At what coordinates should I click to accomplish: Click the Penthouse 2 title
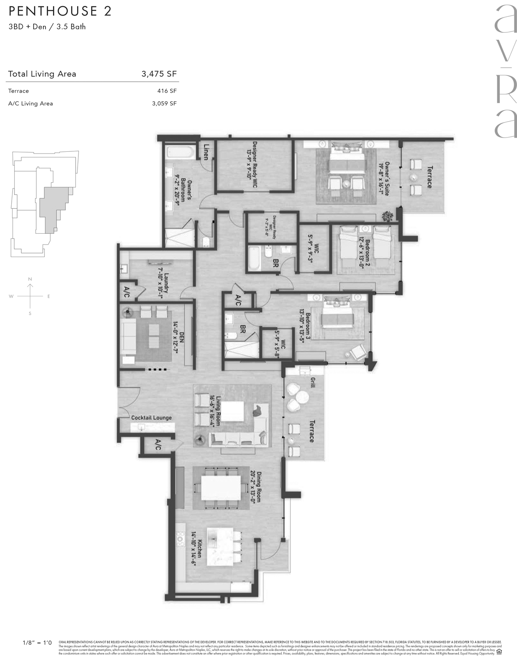tap(60, 11)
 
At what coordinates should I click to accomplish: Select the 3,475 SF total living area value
tap(159, 74)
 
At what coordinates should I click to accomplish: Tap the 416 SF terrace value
tap(167, 91)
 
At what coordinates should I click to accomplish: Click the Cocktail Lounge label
tap(151, 417)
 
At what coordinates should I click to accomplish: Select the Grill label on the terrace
tap(312, 381)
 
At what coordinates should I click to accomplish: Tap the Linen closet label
tap(206, 151)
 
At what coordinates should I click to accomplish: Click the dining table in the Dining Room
tap(221, 487)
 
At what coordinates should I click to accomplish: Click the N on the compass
tap(30, 279)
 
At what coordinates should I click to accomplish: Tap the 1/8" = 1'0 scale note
tap(37, 643)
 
